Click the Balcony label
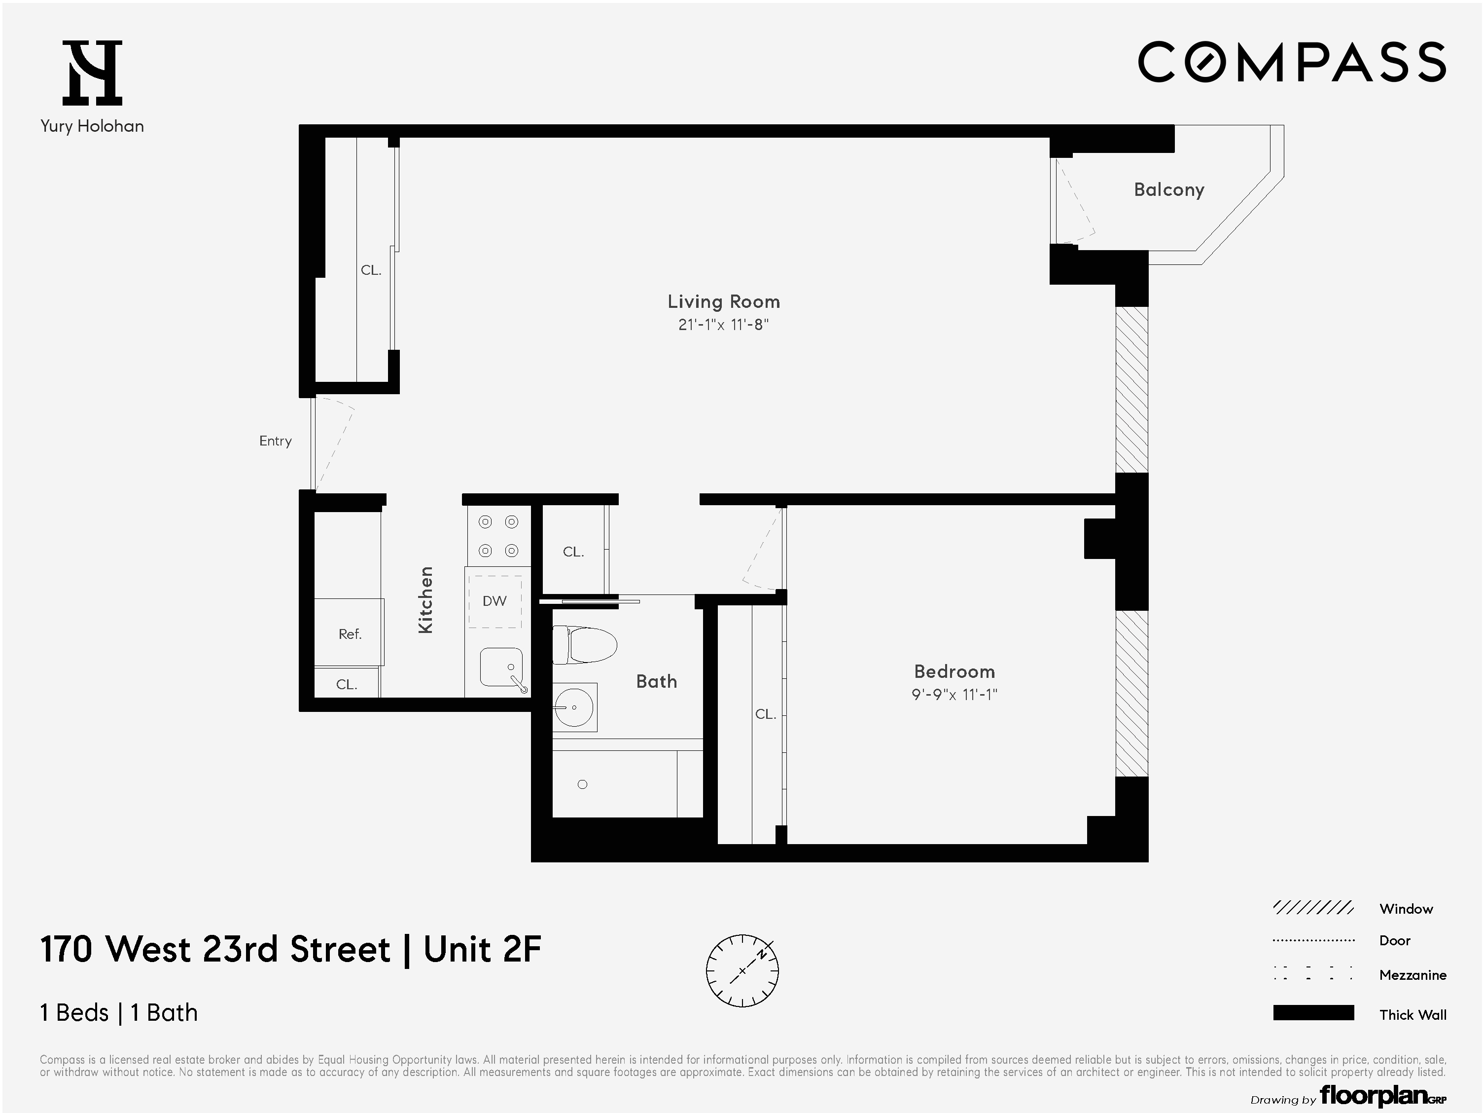click(x=1168, y=190)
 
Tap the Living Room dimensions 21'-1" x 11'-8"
click(x=723, y=325)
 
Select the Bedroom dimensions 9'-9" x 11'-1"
click(x=953, y=694)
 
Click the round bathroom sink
click(x=573, y=707)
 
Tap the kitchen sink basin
click(x=500, y=667)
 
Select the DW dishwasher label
click(x=495, y=601)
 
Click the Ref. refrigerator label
click(x=349, y=634)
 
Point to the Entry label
click(x=275, y=441)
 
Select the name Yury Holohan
click(x=92, y=126)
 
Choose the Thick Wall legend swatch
click(x=1313, y=1013)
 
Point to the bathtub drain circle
click(x=582, y=784)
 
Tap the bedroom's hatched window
click(x=1131, y=693)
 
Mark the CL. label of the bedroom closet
click(x=765, y=714)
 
